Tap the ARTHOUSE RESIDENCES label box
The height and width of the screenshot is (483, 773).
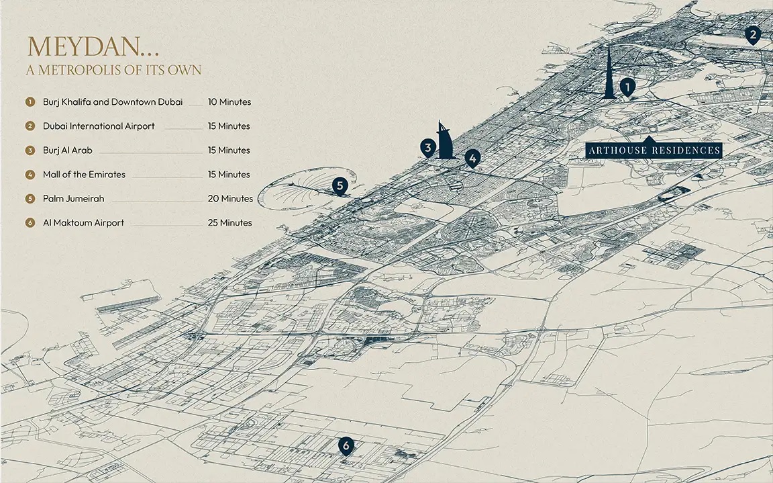[654, 150]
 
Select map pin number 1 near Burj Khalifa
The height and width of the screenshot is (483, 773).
[627, 87]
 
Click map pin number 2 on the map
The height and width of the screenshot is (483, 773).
[753, 35]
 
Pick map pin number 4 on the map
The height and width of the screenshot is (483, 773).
[473, 159]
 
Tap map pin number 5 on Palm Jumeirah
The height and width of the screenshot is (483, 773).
[340, 185]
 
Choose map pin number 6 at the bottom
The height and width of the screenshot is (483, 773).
[346, 445]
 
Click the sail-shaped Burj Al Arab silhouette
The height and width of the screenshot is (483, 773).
[445, 142]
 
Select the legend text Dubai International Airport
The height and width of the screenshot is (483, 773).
[99, 126]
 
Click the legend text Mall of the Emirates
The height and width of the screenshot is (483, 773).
[84, 175]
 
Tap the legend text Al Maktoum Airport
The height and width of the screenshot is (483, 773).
[83, 223]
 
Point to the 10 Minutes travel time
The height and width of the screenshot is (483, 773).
[229, 102]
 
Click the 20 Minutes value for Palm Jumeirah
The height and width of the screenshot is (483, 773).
[230, 199]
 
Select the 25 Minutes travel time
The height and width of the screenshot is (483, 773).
[230, 223]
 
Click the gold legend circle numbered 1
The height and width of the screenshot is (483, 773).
[30, 102]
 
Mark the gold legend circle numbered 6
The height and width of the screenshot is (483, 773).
[30, 223]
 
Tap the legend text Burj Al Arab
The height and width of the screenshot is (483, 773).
[68, 150]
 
